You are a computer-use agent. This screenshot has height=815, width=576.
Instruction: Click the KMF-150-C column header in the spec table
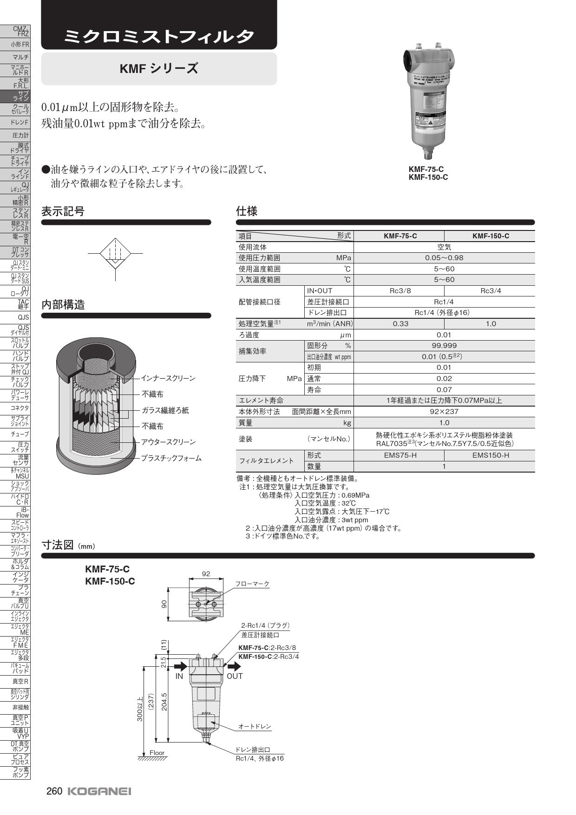coord(491,236)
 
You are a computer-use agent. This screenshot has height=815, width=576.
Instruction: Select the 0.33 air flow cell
coord(400,324)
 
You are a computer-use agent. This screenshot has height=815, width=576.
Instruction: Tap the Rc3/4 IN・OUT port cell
coord(491,291)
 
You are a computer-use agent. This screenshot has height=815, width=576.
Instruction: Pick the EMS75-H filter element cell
coord(400,455)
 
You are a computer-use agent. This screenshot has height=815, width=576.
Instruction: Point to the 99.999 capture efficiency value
coord(444,346)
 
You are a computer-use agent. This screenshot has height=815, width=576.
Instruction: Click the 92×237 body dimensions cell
coord(444,412)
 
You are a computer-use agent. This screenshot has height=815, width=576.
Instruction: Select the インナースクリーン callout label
coord(168,378)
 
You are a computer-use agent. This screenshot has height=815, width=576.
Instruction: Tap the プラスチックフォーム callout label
coord(171,458)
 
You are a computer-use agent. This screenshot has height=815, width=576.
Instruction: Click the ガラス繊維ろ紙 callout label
coord(165,410)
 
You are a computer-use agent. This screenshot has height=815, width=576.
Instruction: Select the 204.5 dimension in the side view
coord(164,702)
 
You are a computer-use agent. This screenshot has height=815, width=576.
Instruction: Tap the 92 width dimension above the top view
coord(206,574)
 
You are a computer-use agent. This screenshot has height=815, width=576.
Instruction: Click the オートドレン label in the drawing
coord(255,726)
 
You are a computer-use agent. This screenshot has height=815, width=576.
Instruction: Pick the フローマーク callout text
coord(252,584)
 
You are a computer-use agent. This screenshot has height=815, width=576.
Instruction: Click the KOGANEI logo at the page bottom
coord(99,791)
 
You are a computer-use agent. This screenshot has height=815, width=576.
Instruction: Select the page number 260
coord(54,791)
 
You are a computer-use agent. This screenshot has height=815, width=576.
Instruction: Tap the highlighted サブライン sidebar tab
coord(15,96)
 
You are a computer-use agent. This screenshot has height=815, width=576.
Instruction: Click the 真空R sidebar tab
coord(15,682)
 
